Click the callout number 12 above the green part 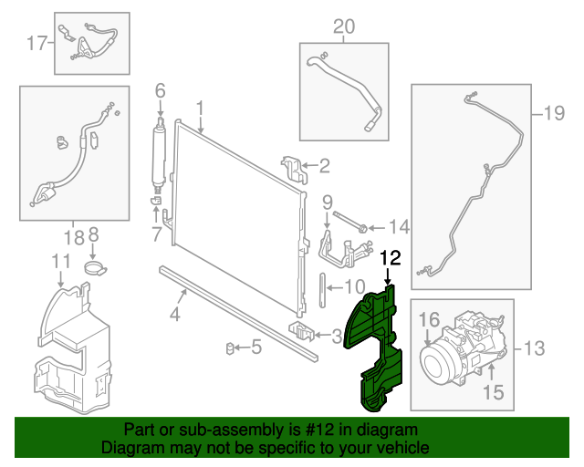coord(390,258)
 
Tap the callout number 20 coord(342,27)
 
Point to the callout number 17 coord(36,41)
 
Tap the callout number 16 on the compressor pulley coord(429,319)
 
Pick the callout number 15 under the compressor coord(493,393)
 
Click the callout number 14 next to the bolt coord(399,227)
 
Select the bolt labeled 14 coord(353,224)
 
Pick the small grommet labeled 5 coord(232,347)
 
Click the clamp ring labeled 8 coord(92,268)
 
